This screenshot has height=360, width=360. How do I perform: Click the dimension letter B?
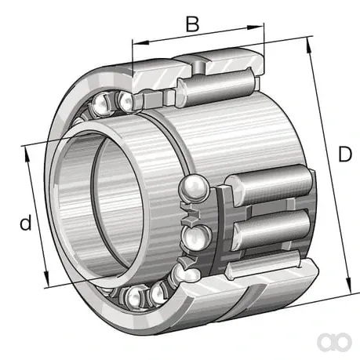point(192,24)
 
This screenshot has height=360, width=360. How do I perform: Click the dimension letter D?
point(345,154)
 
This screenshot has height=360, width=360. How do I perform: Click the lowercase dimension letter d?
point(26,222)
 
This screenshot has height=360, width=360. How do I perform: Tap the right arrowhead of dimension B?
point(255,27)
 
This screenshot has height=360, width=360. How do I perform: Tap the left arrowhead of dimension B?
point(141,42)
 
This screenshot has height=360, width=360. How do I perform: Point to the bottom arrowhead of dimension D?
point(348,285)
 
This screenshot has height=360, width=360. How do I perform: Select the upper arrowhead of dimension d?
point(27,155)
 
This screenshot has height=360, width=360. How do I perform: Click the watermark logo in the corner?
point(334,341)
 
